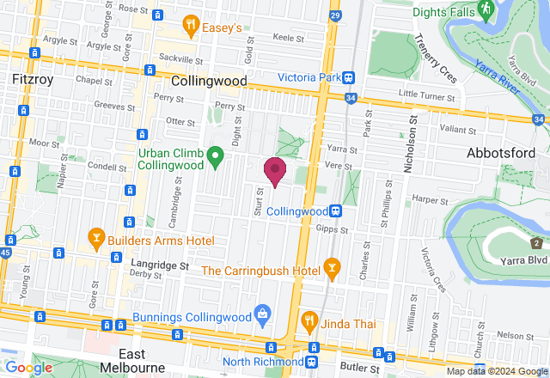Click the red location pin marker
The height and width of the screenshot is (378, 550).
(x=274, y=170)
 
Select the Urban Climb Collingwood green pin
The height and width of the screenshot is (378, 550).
(x=215, y=156)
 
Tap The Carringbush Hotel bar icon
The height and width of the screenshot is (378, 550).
(x=332, y=270)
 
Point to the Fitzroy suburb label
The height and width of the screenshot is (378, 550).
(x=34, y=79)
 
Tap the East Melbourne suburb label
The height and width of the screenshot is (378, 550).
(x=144, y=361)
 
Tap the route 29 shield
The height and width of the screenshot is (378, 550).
(x=334, y=15)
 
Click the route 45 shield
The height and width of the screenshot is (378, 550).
(x=7, y=253)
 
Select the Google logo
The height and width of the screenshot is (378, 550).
(x=28, y=368)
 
